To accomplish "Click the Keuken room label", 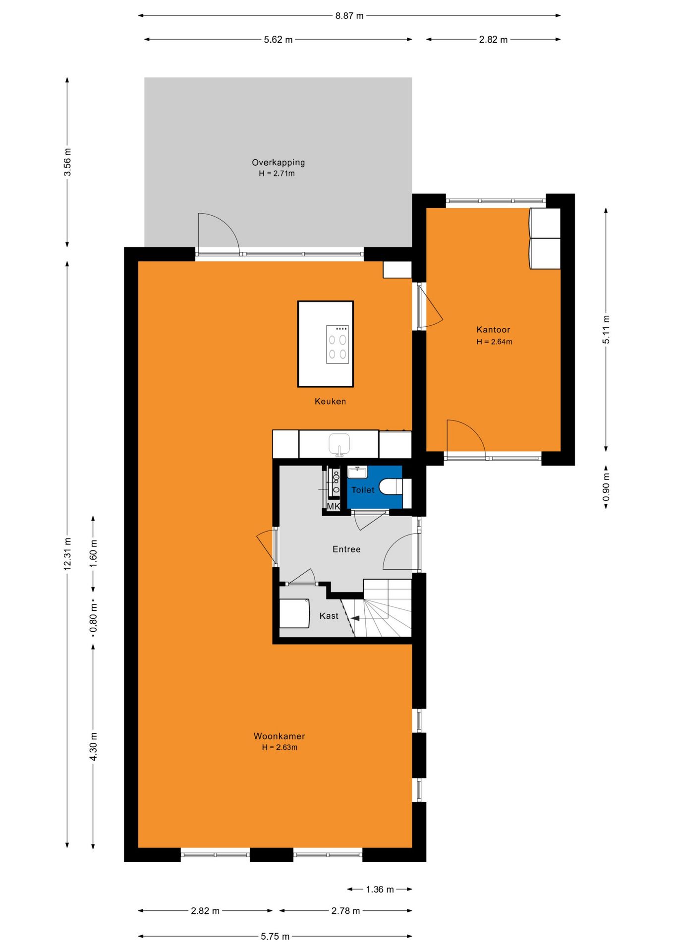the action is coord(330,401).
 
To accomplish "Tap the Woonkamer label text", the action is coord(279,736).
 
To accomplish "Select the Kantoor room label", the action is coord(493,329).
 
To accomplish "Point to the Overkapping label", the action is coord(278,162).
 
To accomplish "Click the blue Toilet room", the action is coord(374,487).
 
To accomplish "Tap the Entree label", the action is coord(346,549).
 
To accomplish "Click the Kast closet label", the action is coord(329,616).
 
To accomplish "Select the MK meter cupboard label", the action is coord(334,506).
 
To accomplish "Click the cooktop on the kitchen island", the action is coord(337,345).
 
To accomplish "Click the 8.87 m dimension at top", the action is coord(349,15).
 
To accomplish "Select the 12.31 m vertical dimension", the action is coord(67,554).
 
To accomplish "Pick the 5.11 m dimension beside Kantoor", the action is coord(606,329).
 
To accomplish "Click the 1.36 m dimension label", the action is coord(380,889).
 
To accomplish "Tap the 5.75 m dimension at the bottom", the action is coord(275,936).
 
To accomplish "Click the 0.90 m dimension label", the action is coord(606,487).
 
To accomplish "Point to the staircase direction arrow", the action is coord(354,618).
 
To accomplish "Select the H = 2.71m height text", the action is coord(277,174).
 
